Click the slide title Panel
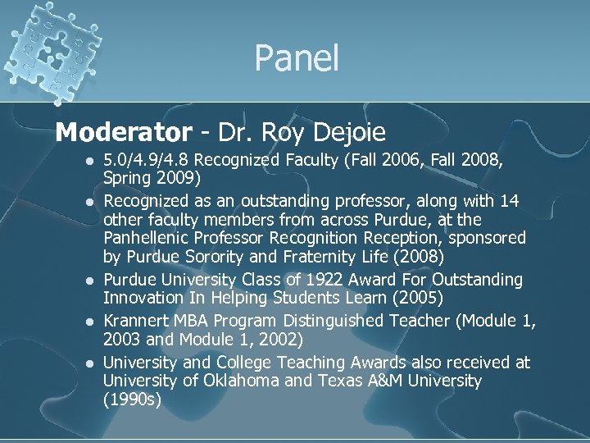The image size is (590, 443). tap(296, 58)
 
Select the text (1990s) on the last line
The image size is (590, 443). tap(132, 400)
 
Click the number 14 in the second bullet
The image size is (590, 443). tap(510, 201)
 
